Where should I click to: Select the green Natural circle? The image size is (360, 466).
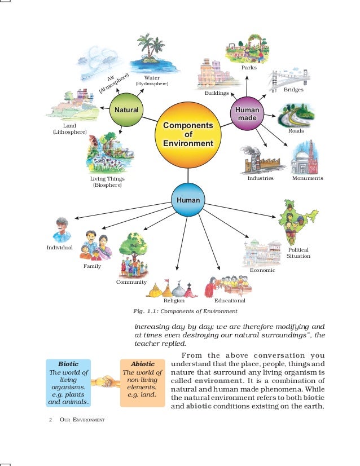(x=126, y=109)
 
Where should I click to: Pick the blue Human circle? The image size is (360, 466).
(x=188, y=200)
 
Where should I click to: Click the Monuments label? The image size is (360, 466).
(x=308, y=178)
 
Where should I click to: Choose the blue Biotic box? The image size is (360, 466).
(x=69, y=383)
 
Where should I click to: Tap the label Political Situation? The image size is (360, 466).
(x=298, y=253)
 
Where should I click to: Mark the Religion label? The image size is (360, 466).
(x=174, y=301)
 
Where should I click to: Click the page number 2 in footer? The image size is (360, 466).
(x=51, y=420)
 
